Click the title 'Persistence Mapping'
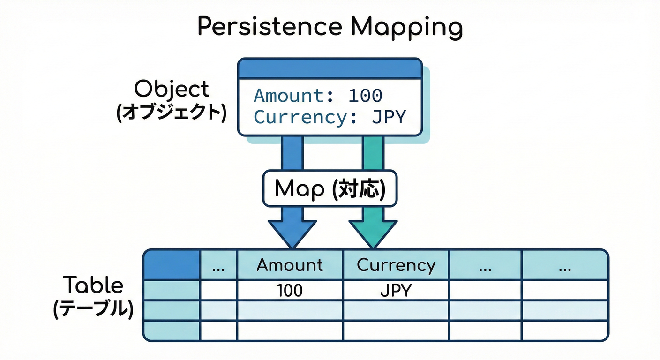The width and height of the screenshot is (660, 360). coord(330,27)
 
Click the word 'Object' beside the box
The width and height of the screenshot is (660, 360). coord(171,89)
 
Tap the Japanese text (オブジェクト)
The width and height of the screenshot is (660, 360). coord(171,113)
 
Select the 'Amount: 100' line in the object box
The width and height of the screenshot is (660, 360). coord(318,96)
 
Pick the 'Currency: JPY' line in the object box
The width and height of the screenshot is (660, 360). coord(329,117)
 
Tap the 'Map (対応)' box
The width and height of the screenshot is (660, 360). coord(330,188)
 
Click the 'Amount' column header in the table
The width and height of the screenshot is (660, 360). coord(290,265)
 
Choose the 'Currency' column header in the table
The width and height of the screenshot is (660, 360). coord(396,265)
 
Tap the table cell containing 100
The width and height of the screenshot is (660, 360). coord(290,291)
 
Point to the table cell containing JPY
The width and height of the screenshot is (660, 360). coord(396,291)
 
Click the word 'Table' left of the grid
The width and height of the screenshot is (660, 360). coord(93,285)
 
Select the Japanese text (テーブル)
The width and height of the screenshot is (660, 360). coord(93,309)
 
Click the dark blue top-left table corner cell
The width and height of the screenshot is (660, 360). coord(172,265)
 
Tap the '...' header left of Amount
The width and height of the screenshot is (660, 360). coord(218,265)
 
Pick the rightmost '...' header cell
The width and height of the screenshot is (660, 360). coord(564,265)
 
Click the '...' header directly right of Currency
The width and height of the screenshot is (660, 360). coord(485,265)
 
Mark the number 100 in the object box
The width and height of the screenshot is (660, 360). coord(366,96)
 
